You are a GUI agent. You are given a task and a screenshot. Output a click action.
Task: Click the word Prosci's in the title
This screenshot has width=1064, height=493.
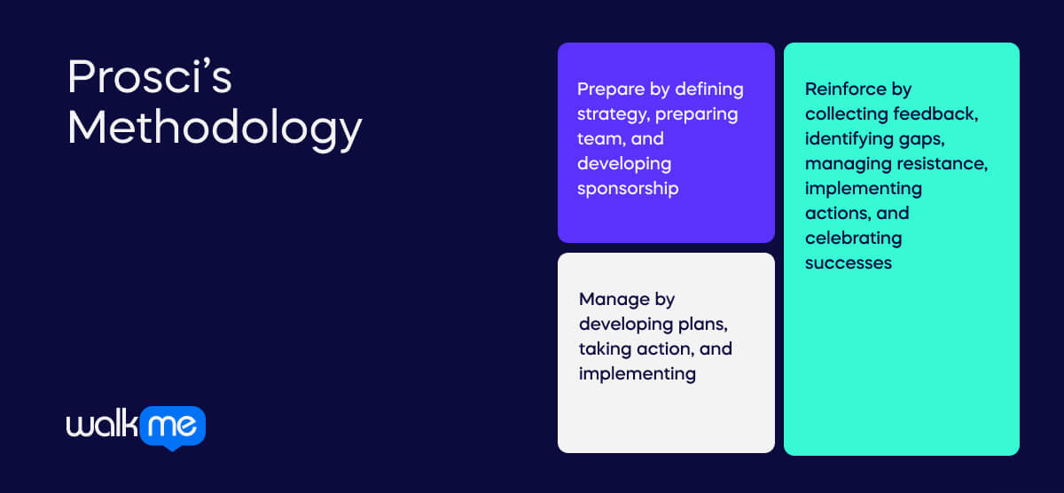(x=150, y=78)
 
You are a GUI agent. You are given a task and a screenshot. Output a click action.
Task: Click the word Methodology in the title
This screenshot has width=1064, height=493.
(x=215, y=129)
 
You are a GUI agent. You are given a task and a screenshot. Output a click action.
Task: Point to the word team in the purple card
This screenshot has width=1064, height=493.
(x=597, y=138)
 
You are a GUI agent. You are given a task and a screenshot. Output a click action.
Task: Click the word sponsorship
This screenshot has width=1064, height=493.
(x=628, y=188)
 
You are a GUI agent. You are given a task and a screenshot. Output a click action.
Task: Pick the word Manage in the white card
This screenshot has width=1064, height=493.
(x=614, y=299)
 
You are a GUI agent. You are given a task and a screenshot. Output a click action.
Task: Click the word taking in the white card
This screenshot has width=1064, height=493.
(x=604, y=348)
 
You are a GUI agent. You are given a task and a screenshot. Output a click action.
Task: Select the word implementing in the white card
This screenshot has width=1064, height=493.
(x=637, y=373)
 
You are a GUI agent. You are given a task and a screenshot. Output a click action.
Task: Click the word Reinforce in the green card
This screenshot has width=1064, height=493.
(x=845, y=89)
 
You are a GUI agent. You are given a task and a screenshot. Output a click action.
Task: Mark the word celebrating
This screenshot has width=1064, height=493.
(x=853, y=238)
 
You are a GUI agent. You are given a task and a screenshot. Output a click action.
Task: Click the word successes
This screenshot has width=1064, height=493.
(x=849, y=262)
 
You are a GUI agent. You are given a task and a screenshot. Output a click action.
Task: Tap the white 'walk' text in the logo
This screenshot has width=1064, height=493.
(x=102, y=425)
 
